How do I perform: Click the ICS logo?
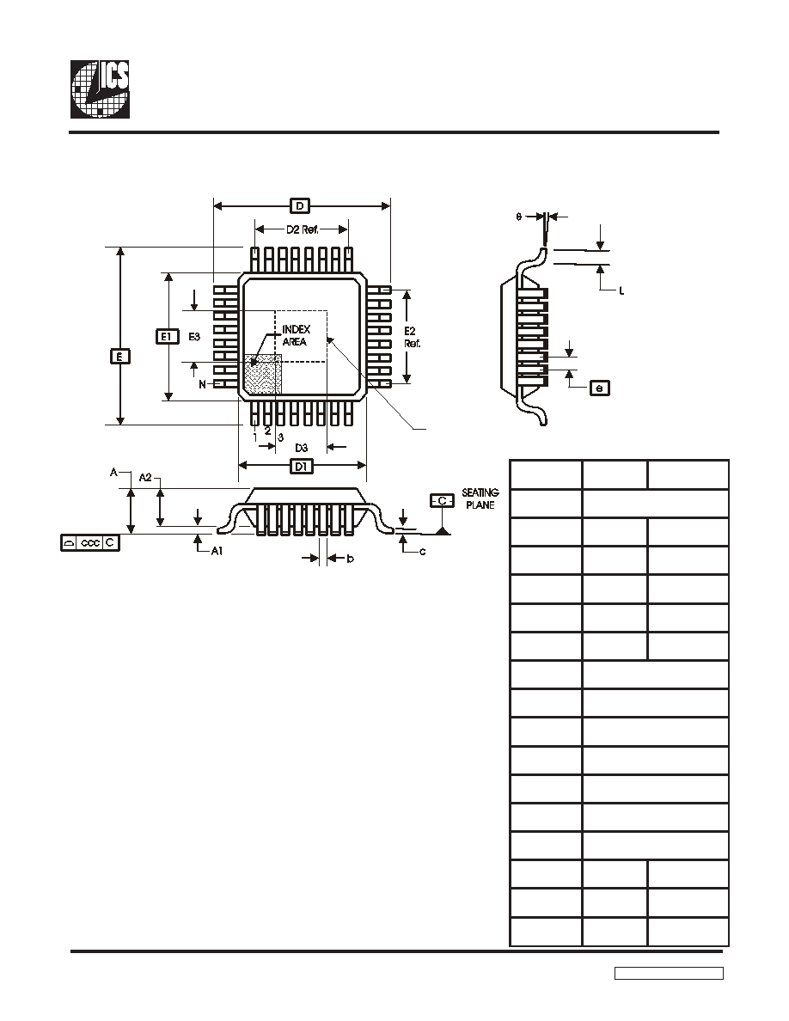pos(100,89)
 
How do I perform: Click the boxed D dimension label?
pos(299,206)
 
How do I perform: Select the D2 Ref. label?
pos(302,229)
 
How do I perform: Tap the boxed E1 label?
pos(168,337)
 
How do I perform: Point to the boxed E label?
pos(119,356)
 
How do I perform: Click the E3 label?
pos(194,337)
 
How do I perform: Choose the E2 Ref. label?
pos(412,337)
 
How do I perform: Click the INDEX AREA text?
pos(296,335)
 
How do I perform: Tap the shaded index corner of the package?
pos(262,374)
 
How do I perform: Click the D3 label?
pos(301,448)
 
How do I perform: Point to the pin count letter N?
pos(203,384)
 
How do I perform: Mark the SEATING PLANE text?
pos(480,498)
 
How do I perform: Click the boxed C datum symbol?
pos(442,501)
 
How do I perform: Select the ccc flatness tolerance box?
pos(90,542)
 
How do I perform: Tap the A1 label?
pos(217,551)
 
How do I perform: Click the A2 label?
pos(145,478)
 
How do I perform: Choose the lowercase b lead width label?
pos(350,559)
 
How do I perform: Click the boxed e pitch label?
pos(600,388)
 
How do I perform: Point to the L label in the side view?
pos(621,291)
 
